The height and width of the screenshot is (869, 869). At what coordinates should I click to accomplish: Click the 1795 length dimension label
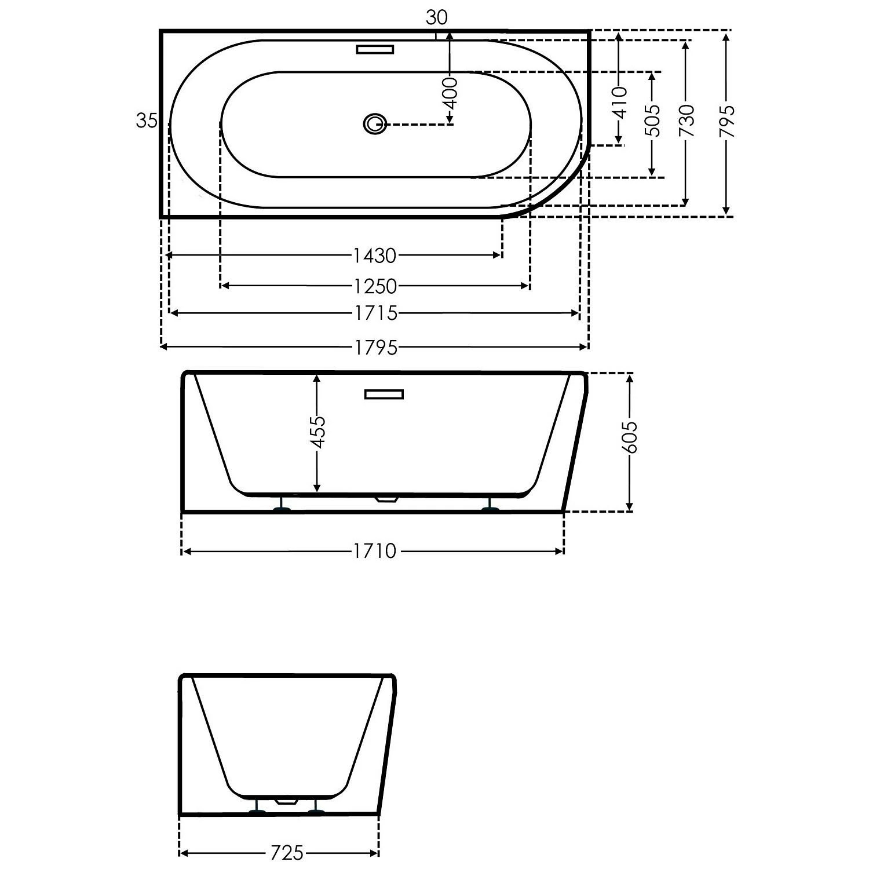(x=376, y=347)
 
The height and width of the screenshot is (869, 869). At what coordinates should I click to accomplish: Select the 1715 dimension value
(x=376, y=313)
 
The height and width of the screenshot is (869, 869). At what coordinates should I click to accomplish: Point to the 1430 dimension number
(x=375, y=255)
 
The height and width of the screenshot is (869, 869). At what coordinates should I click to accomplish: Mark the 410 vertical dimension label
(x=619, y=103)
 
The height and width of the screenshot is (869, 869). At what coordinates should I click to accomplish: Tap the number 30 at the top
(x=437, y=19)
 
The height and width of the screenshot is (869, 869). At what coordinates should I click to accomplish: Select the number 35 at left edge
(x=147, y=121)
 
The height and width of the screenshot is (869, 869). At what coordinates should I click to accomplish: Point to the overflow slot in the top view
(x=375, y=49)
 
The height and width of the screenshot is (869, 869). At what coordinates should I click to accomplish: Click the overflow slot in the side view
(x=384, y=395)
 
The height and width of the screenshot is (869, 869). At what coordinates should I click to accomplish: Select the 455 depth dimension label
(x=317, y=432)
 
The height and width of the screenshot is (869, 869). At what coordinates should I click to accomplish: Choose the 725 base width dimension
(x=287, y=853)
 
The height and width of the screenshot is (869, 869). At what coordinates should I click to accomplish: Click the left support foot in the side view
(x=282, y=508)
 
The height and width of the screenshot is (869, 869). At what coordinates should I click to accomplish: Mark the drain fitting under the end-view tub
(x=287, y=801)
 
